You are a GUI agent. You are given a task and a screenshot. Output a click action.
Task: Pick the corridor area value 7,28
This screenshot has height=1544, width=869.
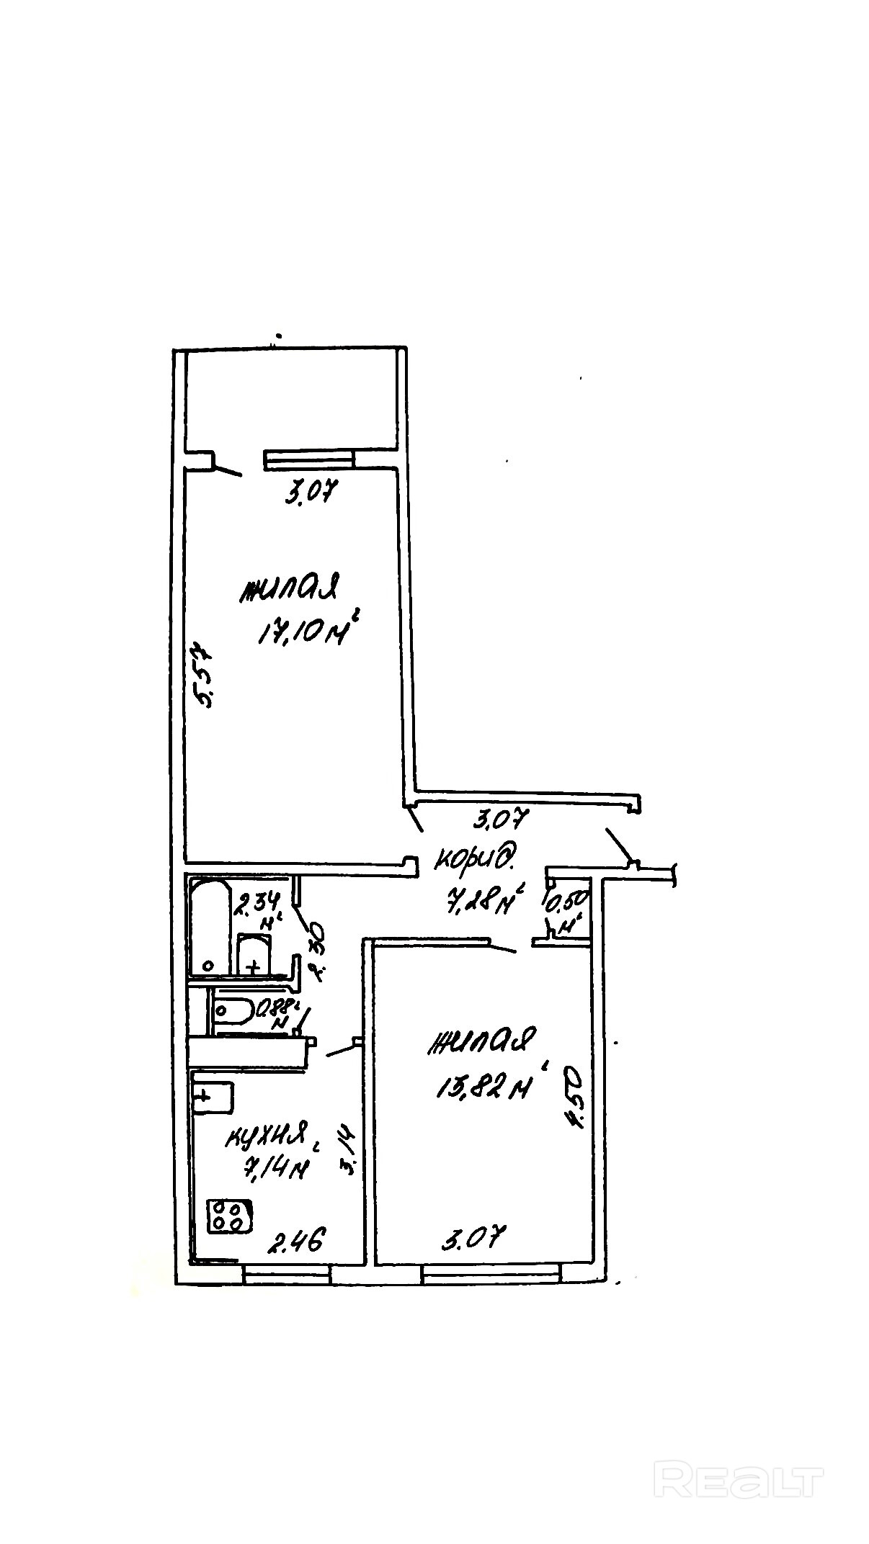pos(478,899)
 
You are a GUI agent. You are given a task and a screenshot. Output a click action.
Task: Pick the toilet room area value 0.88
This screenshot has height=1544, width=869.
pos(275,1007)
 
